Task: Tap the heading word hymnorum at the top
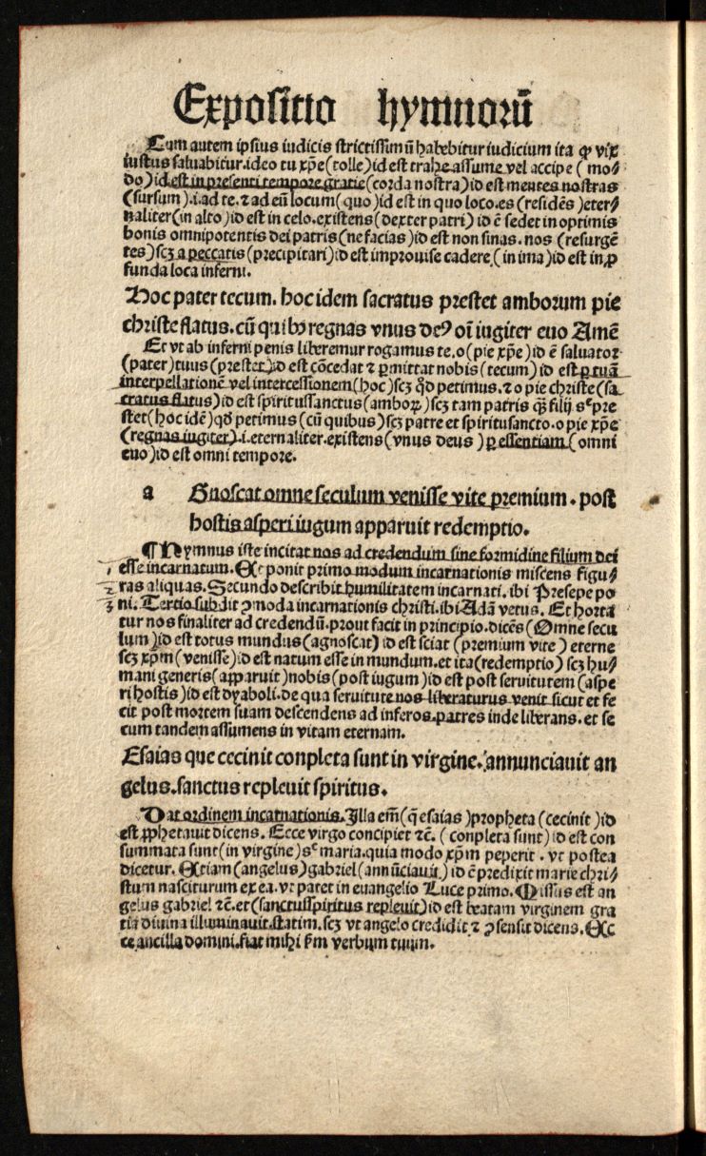pos(457,104)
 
